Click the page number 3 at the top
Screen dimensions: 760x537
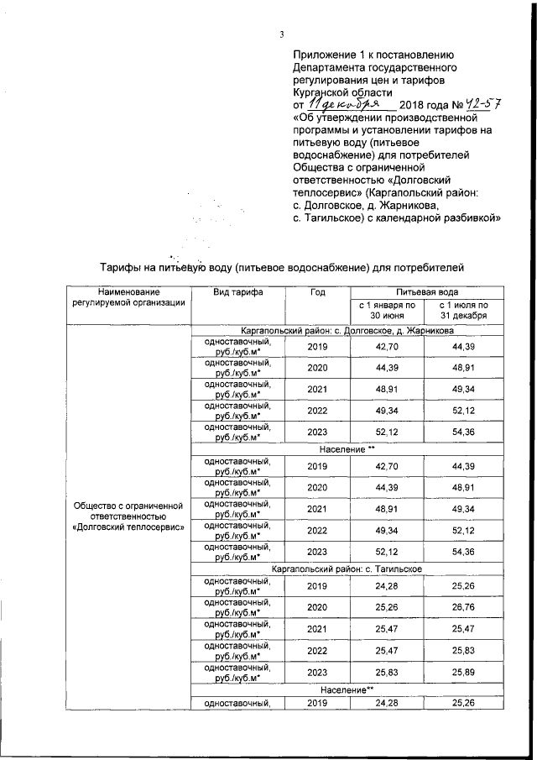(x=282, y=34)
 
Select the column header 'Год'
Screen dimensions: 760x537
(x=317, y=291)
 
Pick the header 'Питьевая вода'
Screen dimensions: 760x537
(x=427, y=291)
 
